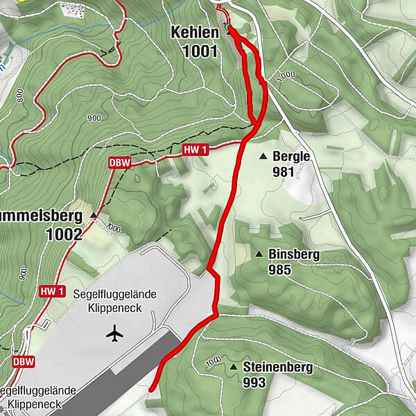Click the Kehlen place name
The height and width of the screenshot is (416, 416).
(196, 33)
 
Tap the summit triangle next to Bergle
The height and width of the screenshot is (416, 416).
(263, 157)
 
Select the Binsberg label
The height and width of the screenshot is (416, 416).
(294, 254)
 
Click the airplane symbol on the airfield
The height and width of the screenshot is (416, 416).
(115, 334)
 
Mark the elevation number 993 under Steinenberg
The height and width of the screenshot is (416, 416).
(254, 382)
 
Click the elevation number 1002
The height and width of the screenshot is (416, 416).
(64, 234)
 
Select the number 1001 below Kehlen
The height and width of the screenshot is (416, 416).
(201, 50)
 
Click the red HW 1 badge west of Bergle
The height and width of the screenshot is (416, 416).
(196, 150)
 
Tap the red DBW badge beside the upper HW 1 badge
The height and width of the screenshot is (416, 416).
(119, 163)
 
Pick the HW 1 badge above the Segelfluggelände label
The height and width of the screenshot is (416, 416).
(52, 291)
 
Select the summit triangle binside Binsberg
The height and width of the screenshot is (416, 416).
(258, 254)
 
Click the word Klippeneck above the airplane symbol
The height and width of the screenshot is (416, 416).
(115, 307)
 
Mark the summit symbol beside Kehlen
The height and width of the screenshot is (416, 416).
(228, 31)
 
